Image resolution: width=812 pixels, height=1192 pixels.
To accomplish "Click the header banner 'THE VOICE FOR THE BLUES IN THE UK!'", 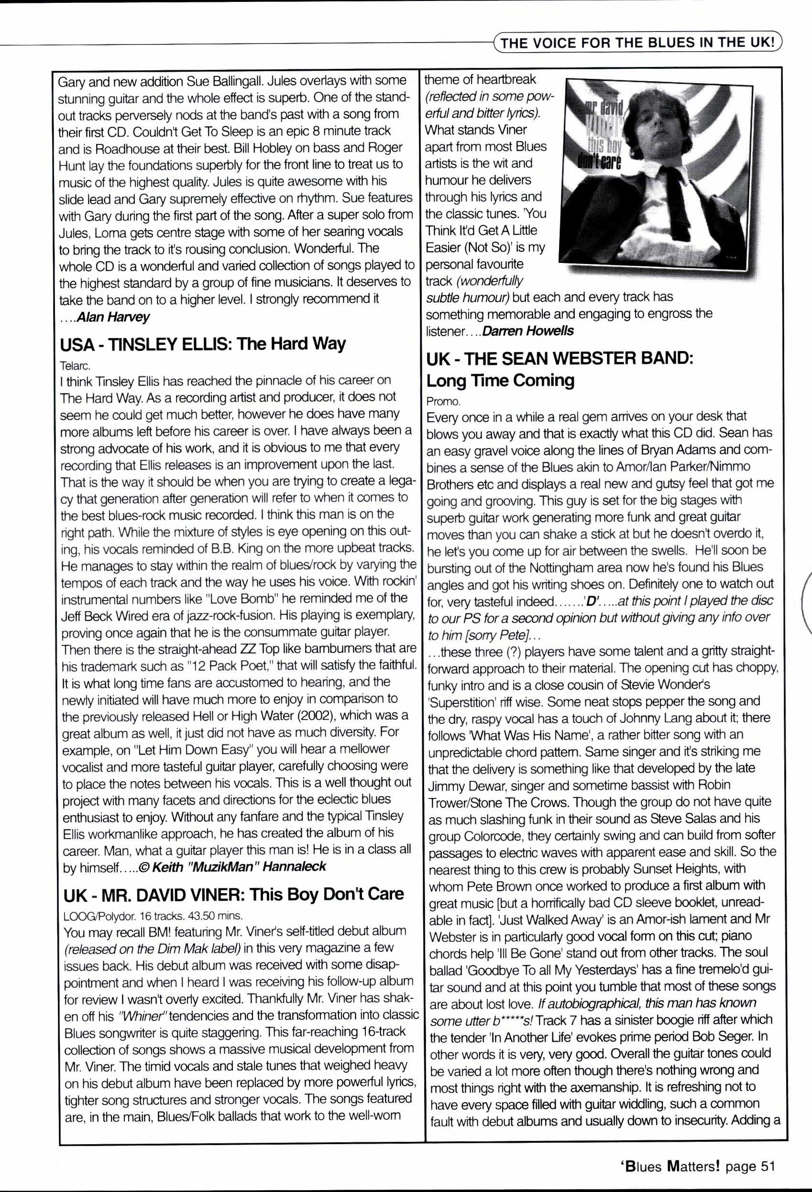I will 637,42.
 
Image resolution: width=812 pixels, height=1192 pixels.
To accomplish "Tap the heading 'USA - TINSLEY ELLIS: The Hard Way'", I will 203,343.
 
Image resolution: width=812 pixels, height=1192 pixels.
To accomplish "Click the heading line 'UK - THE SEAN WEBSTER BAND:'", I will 560,358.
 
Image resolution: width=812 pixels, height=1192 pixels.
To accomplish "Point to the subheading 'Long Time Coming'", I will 500,380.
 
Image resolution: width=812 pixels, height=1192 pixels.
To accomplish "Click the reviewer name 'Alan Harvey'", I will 113,317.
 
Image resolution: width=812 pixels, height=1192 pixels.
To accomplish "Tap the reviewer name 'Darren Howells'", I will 528,330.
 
